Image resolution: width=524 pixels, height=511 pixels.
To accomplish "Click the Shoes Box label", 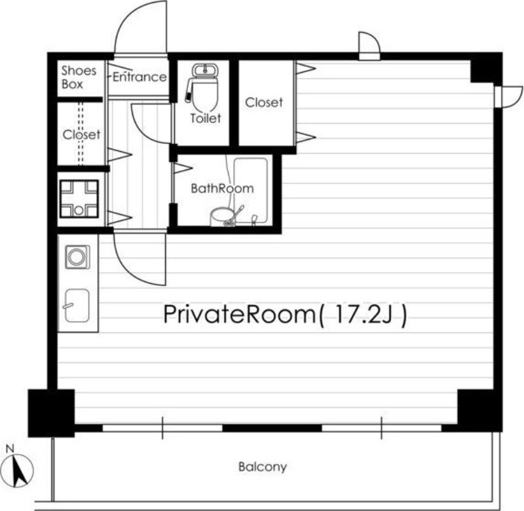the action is click(79, 77).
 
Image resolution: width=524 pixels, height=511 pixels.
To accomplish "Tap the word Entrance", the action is click(140, 77).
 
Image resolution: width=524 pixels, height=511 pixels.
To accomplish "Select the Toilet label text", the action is click(206, 118).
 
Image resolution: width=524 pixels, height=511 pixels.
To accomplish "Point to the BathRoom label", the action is click(222, 188).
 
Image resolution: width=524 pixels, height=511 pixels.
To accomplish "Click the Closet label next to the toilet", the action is click(264, 103).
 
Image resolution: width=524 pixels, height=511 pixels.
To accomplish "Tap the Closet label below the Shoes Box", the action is click(81, 135).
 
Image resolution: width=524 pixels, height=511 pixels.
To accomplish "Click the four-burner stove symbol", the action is click(79, 199).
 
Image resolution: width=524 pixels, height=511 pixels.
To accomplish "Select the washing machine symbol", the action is click(78, 257).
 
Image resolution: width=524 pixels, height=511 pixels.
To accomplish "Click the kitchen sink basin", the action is click(77, 306).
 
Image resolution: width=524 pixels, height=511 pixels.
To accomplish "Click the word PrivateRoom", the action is click(239, 315).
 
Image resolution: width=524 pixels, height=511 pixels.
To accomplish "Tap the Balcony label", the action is click(263, 467).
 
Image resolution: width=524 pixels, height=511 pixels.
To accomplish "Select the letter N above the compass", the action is click(10, 449).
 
